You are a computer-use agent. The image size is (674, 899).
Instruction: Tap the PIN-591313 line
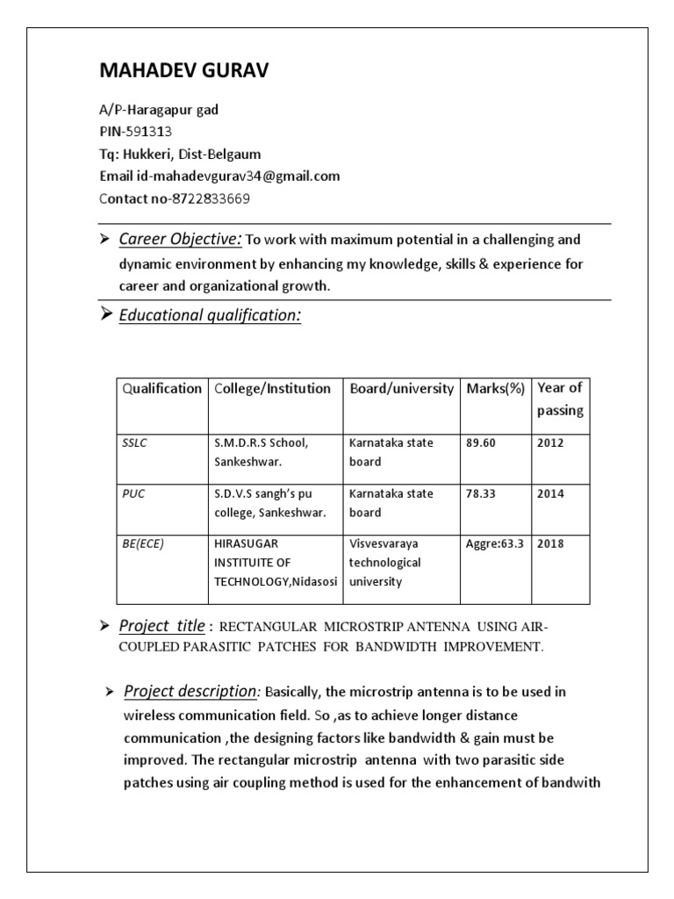tap(135, 132)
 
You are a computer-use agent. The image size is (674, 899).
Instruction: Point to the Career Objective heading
tap(180, 239)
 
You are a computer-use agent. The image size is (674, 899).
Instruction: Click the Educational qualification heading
tap(210, 315)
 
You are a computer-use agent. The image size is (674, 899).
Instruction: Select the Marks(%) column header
tap(496, 388)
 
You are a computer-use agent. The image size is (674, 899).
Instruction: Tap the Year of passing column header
tap(560, 399)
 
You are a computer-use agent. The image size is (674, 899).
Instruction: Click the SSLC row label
tap(134, 443)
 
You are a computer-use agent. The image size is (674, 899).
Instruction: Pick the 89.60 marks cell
tap(481, 443)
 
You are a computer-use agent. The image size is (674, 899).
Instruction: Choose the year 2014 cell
tap(550, 493)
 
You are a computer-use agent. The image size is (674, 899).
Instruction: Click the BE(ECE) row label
tap(143, 543)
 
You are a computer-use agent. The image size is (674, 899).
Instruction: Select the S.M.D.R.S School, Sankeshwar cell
tap(261, 451)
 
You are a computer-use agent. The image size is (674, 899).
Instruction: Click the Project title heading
tap(163, 625)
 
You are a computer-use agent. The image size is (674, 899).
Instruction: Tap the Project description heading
tap(192, 692)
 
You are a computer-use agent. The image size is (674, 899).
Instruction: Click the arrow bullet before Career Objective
tap(104, 239)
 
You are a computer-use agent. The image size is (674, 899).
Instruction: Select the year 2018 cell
tap(550, 543)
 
